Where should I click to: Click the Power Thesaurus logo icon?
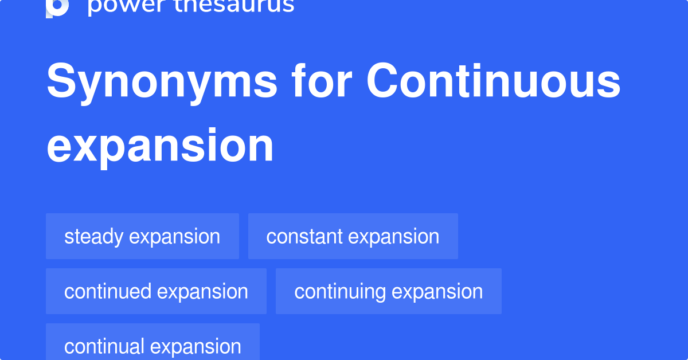[x=57, y=7]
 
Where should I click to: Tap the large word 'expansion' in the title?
[x=160, y=146]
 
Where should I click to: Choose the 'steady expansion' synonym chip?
[x=142, y=236]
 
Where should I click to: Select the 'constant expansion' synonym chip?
[x=353, y=236]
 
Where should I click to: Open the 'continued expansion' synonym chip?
[x=156, y=291]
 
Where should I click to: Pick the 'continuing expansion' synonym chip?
[x=388, y=291]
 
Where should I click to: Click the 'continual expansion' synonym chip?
[x=153, y=346]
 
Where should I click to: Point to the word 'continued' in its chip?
[x=108, y=291]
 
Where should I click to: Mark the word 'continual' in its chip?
[x=104, y=346]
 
